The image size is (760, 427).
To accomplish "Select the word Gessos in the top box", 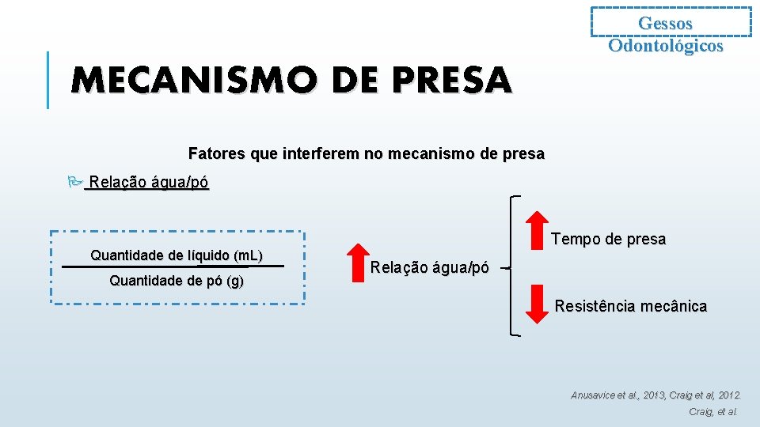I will pos(665,24).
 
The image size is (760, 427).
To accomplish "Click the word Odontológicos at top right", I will pos(665,45).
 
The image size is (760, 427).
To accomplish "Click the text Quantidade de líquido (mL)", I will pos(177,255).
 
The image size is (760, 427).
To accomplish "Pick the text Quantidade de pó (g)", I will pos(177,281).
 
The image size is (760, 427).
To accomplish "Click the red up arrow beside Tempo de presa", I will pos(538,228).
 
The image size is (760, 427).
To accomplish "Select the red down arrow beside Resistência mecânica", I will pos(538,304).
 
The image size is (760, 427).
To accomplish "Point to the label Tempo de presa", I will pos(608,239).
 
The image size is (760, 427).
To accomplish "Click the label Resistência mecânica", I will pos(631,306).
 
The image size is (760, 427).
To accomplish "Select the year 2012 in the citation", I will pos(727,395).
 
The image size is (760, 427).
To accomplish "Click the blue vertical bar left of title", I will pos(48,79).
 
